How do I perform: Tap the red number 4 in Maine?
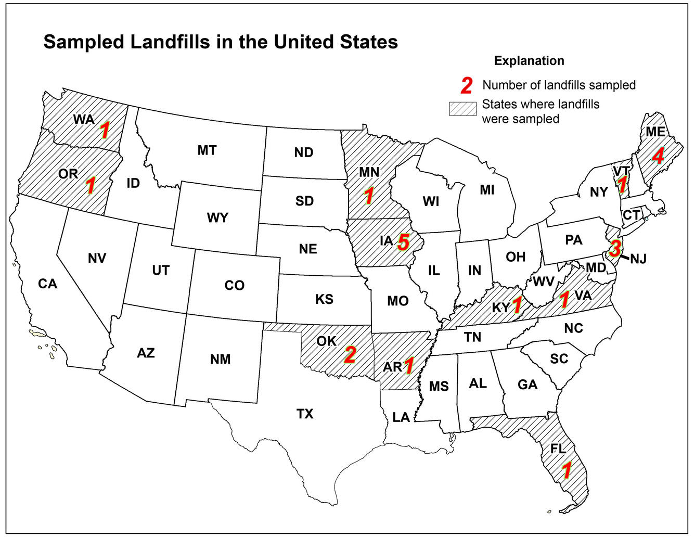click(x=658, y=156)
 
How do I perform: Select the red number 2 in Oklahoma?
click(x=350, y=355)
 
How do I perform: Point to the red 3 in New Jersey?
click(x=614, y=248)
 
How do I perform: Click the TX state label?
click(x=305, y=414)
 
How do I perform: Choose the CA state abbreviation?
click(x=47, y=284)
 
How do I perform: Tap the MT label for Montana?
click(x=207, y=151)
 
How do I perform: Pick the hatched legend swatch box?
click(x=462, y=108)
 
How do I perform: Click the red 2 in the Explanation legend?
click(x=467, y=85)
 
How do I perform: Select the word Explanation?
click(x=529, y=61)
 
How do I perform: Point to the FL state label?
click(x=558, y=449)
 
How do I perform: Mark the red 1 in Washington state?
click(x=105, y=131)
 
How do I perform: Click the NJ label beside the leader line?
click(x=638, y=259)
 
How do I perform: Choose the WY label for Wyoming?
click(x=217, y=217)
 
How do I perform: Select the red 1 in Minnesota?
click(x=369, y=196)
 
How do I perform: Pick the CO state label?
click(x=234, y=286)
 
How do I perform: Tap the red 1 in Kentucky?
click(x=517, y=305)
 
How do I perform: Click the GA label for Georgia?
click(x=527, y=385)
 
